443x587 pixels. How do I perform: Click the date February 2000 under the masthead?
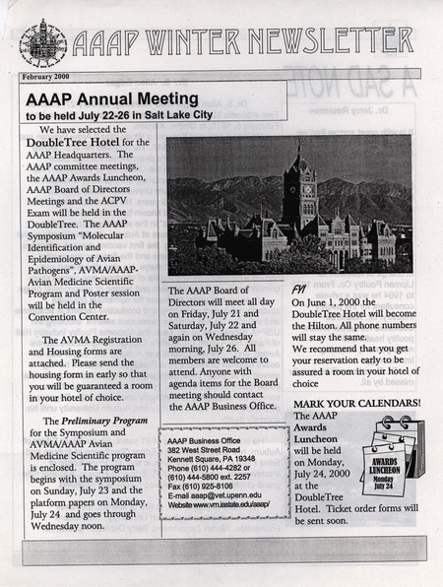tap(51, 76)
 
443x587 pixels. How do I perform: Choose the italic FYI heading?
tap(299, 291)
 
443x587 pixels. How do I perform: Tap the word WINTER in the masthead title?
tap(194, 41)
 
